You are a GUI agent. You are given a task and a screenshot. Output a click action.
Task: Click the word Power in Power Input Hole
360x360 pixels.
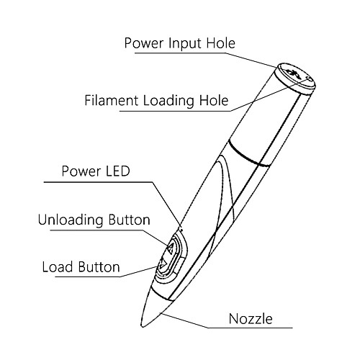tap(144, 43)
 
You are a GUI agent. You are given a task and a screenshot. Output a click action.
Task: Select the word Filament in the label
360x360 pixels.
tap(112, 100)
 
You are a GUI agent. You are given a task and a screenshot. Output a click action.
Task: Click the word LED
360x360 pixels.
tap(116, 171)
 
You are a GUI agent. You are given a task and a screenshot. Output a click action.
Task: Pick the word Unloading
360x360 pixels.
tap(71, 220)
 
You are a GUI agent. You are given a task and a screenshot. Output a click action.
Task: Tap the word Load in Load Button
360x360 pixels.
tap(58, 267)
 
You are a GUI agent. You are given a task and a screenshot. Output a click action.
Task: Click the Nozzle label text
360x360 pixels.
tap(251, 319)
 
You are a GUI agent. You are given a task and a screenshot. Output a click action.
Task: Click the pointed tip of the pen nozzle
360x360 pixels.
tap(143, 325)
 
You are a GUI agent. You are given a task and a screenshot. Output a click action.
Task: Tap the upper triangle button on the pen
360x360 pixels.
tap(171, 248)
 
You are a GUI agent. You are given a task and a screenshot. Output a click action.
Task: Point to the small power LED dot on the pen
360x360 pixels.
tap(181, 230)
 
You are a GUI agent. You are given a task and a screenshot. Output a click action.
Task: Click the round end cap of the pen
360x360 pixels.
tap(295, 77)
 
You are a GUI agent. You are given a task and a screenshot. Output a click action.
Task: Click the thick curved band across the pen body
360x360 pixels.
tap(248, 155)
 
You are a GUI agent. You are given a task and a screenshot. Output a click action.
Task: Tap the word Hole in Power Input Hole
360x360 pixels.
tap(221, 43)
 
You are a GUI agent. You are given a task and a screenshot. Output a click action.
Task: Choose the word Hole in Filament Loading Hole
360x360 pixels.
tap(214, 100)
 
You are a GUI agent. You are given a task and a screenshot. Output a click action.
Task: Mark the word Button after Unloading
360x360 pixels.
tap(129, 220)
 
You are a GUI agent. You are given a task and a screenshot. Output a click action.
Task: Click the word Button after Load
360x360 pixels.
tap(99, 267)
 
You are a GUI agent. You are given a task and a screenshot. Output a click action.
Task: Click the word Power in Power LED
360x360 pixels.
tap(81, 171)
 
